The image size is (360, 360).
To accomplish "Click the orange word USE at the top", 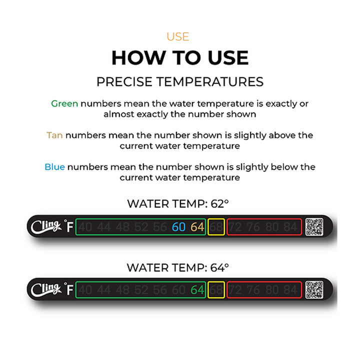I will coord(178,36).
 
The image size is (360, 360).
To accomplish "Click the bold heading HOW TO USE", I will coord(179,58).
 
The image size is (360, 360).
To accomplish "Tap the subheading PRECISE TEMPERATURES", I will coord(179,81).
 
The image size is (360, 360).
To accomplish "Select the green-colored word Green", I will coord(64,103).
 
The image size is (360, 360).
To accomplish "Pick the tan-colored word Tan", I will coord(54,135).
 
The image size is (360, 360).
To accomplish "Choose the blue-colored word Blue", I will coord(54,167).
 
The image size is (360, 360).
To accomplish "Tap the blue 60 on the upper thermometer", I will coord(178,227).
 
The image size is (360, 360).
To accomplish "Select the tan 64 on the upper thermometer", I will coord(197,227).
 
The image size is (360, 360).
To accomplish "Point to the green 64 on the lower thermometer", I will coord(197,289).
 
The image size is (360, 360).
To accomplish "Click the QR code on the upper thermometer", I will coord(314,227).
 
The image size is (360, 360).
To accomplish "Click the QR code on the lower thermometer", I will coord(314,289).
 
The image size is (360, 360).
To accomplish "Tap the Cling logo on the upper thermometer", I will coord(46,226).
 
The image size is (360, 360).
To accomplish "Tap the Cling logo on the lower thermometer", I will coord(46,289).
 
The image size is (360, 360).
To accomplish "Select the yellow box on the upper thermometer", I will coord(216,227).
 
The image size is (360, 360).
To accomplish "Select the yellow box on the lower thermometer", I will coord(216,289).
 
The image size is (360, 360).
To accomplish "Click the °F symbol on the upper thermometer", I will coord(69,227).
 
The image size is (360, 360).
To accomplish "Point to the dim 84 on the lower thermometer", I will coord(290,289).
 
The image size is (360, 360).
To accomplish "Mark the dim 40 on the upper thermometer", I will coord(86,227).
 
